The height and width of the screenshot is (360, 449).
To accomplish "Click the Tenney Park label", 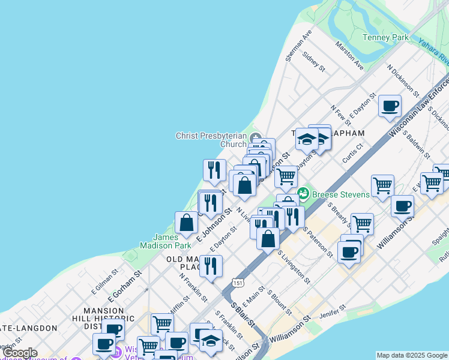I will tap(385, 38).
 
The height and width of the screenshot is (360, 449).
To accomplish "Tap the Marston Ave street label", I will tap(349, 55).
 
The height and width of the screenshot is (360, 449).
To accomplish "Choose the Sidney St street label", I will tap(314, 61).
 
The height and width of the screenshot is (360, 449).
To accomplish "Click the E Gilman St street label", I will tap(102, 281).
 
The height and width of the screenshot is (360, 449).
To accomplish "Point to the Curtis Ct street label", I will tap(352, 152).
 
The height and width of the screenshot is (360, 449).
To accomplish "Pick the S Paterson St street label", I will tap(318, 242).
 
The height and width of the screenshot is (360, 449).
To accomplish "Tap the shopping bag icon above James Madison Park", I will tap(187, 223).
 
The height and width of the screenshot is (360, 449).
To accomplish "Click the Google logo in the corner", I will tap(19, 353).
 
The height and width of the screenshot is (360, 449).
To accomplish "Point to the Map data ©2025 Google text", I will tap(411, 355).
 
